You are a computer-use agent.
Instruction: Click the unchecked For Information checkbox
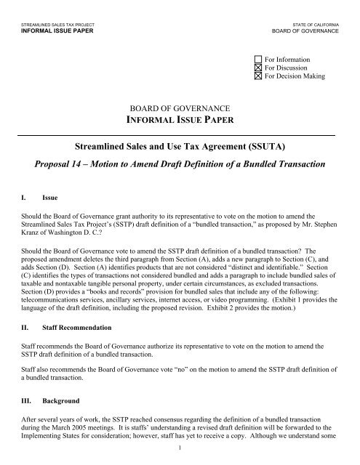(259, 59)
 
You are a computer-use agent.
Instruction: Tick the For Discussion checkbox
(259, 68)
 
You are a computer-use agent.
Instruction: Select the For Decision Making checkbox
(259, 76)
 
